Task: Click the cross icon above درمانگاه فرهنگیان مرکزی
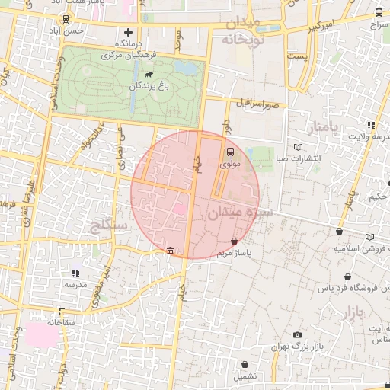(x=128, y=33)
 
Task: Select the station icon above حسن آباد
(x=74, y=18)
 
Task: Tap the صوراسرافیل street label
(x=258, y=101)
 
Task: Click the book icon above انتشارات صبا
(x=298, y=146)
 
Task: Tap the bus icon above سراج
(x=379, y=13)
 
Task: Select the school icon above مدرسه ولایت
(x=371, y=125)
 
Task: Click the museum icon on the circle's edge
(x=169, y=251)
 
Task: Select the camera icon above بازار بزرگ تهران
(x=297, y=335)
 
